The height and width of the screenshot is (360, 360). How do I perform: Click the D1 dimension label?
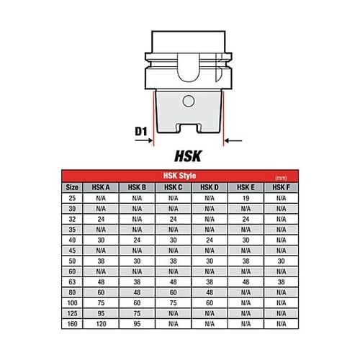tap(141, 131)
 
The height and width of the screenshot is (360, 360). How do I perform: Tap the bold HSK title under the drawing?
tap(188, 156)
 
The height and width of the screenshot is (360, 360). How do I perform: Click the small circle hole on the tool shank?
tap(189, 101)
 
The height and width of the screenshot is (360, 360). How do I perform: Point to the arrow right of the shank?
tap(233, 140)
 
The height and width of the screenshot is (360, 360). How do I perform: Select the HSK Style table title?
tap(179, 176)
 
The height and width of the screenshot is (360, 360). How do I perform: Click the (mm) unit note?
tap(281, 178)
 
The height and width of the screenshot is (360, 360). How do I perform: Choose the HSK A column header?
tap(101, 187)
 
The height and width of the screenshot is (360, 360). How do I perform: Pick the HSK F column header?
tap(281, 187)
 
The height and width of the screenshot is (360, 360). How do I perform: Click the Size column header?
tap(72, 187)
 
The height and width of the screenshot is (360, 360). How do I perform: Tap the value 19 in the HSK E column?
tap(246, 198)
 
